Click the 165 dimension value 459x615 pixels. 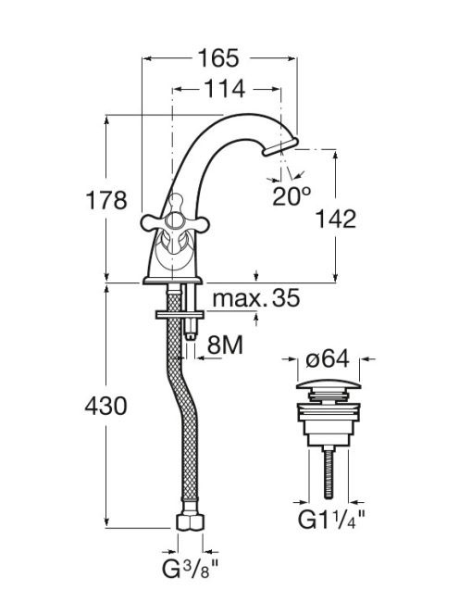(218, 58)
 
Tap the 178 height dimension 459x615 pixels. (106, 200)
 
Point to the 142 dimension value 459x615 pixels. (336, 219)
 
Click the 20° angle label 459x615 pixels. (292, 196)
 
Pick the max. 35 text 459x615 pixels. (256, 298)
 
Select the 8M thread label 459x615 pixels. (225, 345)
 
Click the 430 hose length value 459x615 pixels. (105, 406)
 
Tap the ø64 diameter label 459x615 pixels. (328, 358)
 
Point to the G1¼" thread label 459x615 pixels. (331, 521)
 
